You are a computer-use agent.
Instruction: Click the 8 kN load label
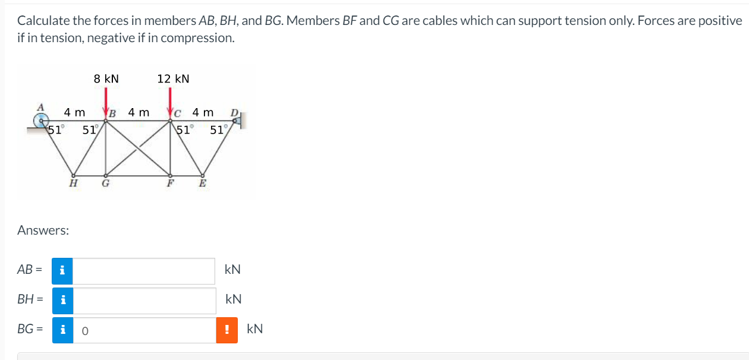point(106,79)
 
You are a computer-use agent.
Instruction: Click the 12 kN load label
point(173,79)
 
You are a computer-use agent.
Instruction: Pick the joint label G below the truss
point(106,184)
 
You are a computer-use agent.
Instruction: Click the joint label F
point(170,184)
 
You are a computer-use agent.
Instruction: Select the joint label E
point(202,184)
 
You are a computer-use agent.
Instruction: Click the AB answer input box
point(144,271)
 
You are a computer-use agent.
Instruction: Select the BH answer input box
point(144,301)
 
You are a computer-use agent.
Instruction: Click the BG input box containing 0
point(144,330)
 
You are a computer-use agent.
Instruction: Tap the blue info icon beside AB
point(63,271)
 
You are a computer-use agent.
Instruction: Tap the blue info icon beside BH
point(63,301)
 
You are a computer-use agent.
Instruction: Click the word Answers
point(43,230)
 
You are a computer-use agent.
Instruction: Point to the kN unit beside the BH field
point(233,299)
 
